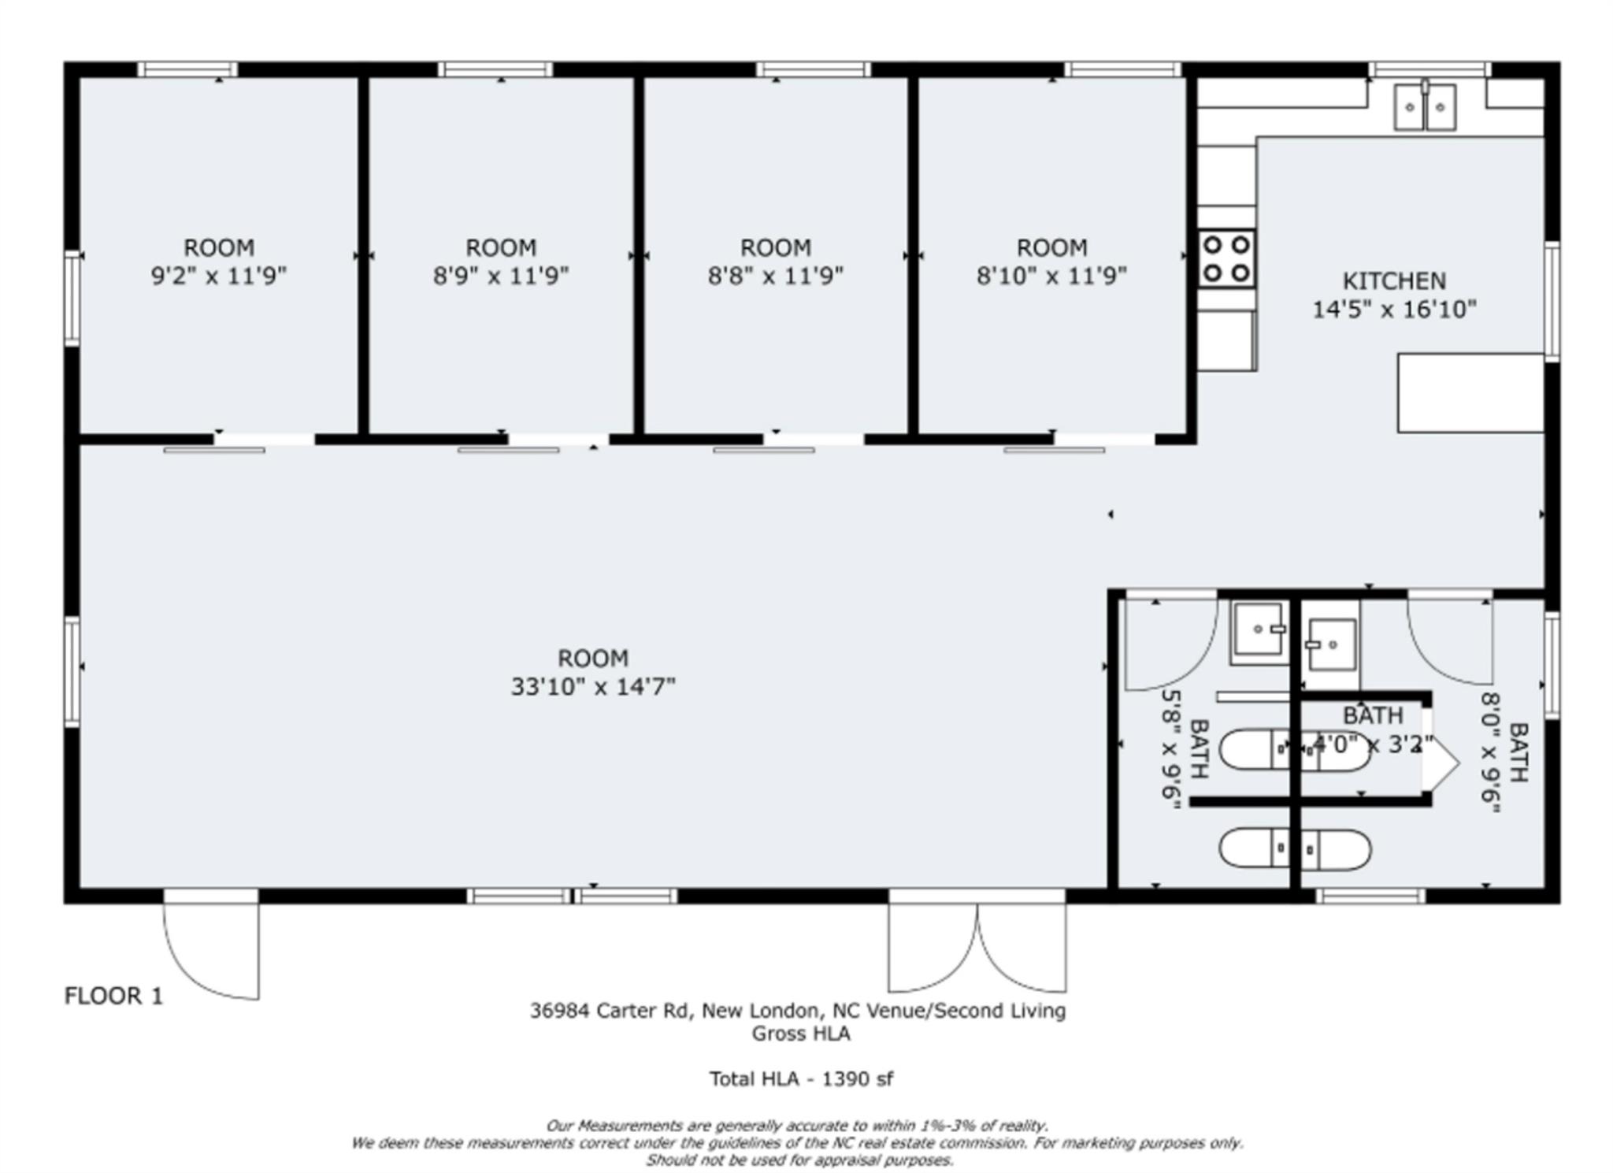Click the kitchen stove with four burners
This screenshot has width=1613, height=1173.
[1227, 258]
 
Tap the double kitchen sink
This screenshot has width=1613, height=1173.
[1424, 107]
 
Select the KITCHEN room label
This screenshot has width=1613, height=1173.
[1393, 281]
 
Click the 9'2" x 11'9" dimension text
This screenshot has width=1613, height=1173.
[219, 277]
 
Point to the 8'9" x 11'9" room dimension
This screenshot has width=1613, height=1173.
[501, 277]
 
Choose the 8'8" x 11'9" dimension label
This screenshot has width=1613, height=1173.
[775, 277]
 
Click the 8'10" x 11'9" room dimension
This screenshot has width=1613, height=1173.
[1051, 277]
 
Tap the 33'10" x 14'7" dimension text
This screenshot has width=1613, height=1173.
[593, 687]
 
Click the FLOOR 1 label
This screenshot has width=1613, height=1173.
[113, 997]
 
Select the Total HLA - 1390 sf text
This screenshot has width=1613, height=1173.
[801, 1079]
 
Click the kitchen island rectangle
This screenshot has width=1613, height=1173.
[1470, 392]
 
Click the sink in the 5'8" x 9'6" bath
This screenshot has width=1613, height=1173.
[1259, 630]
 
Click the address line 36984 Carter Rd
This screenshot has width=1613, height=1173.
[797, 1011]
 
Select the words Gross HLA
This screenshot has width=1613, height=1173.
[801, 1034]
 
